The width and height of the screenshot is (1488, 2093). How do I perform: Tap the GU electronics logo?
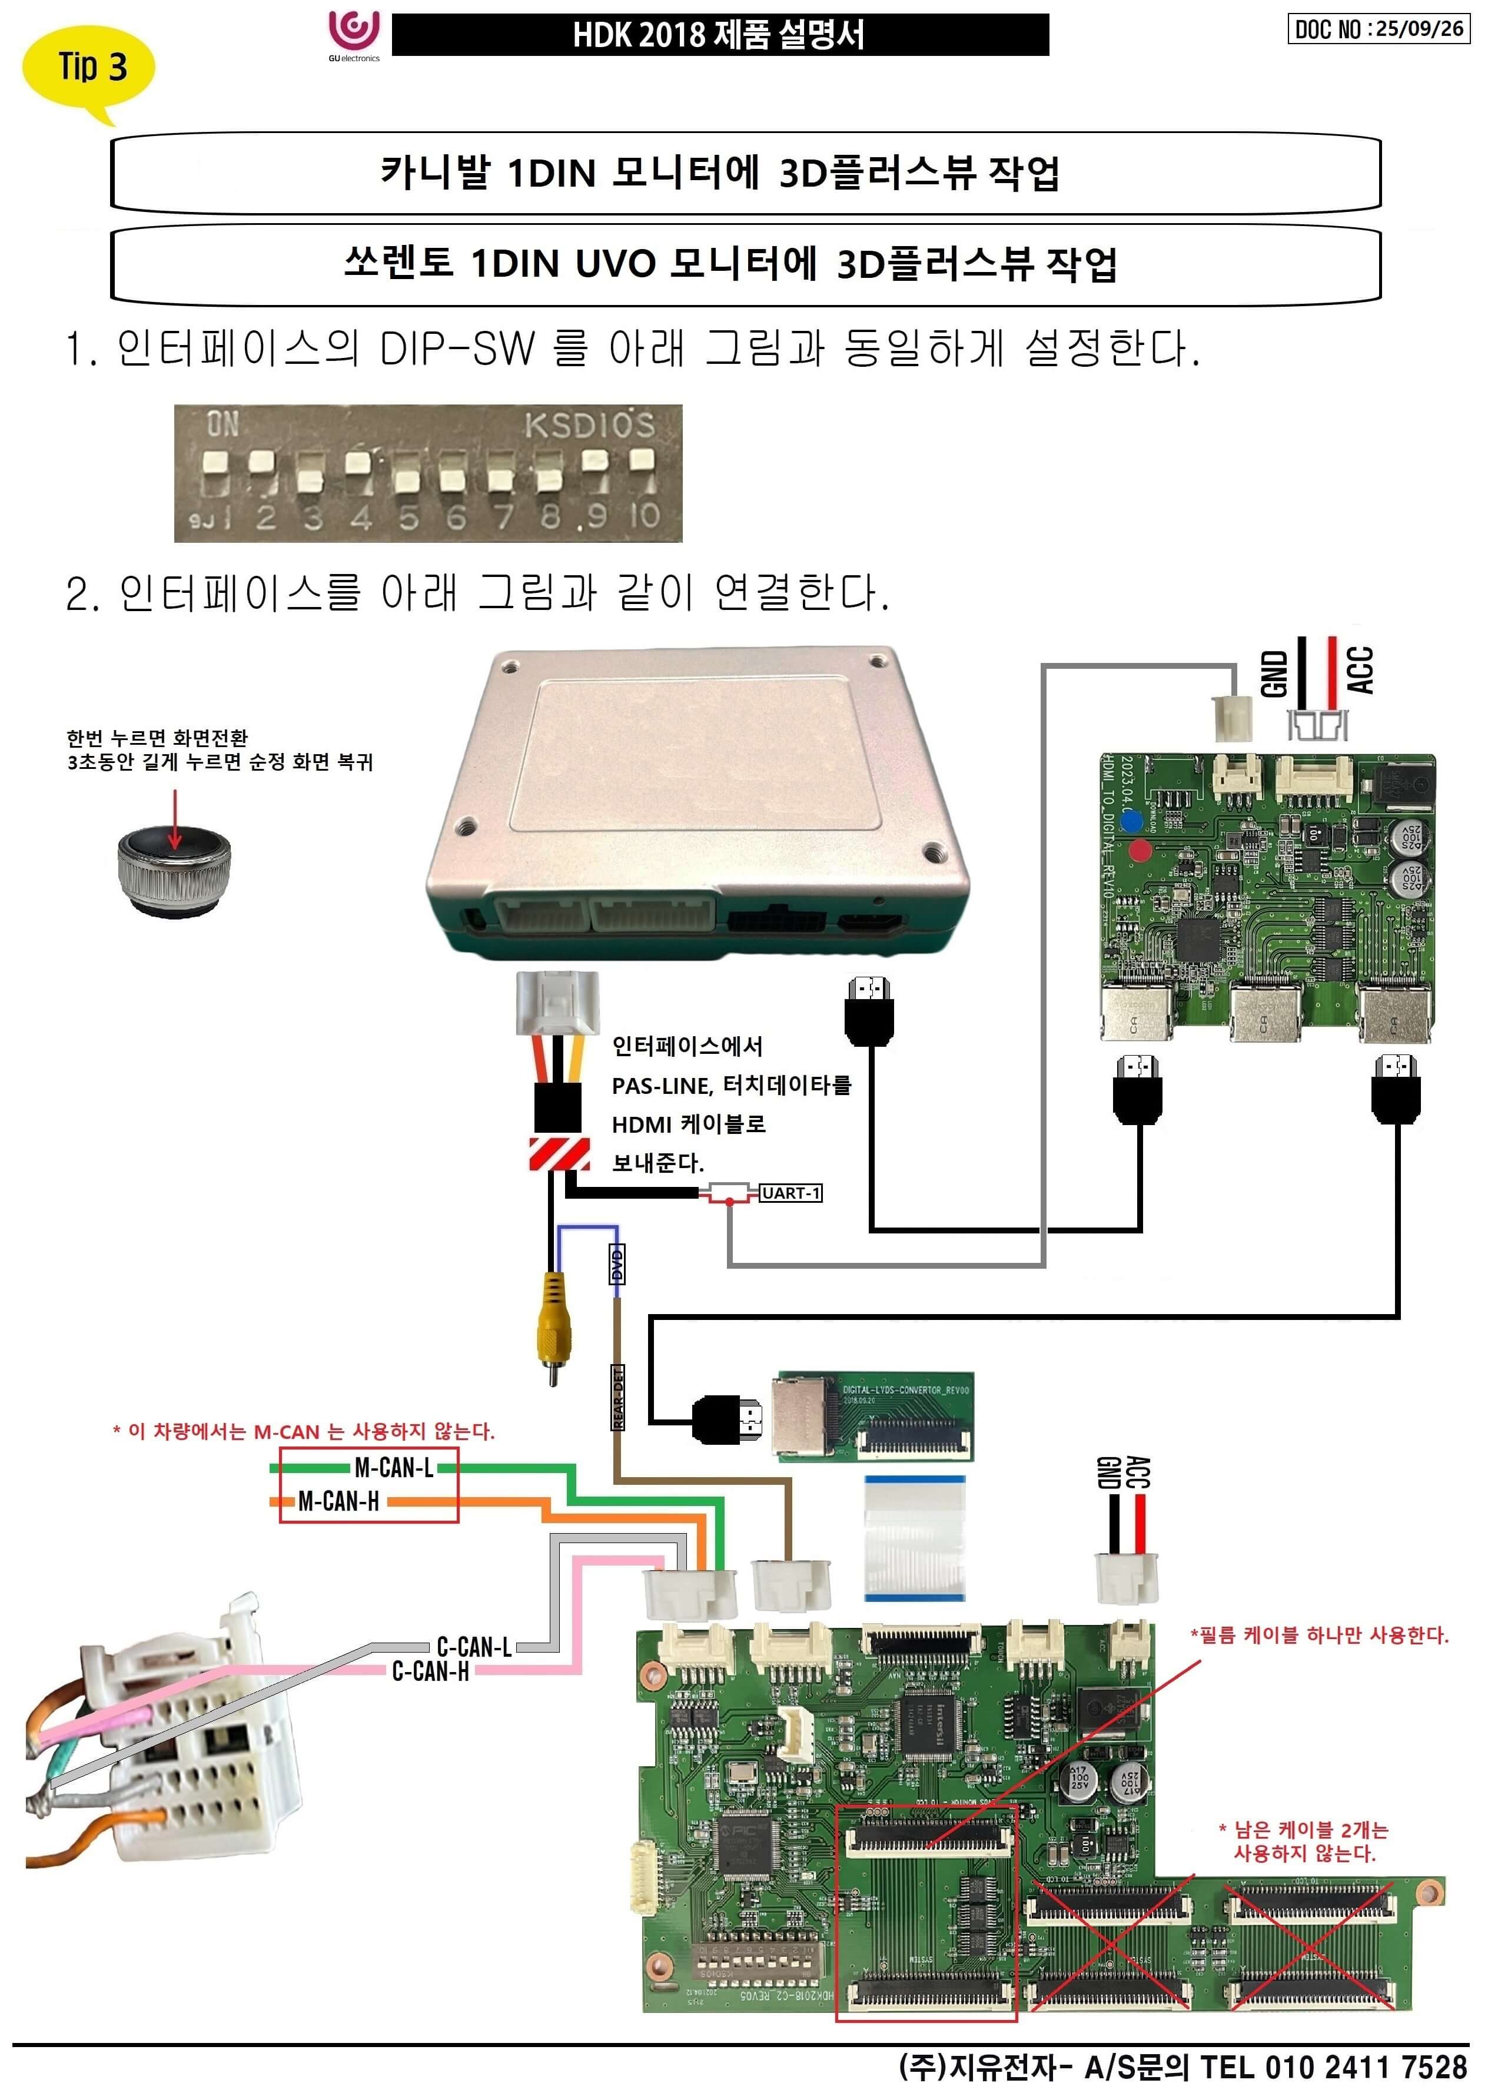tap(354, 34)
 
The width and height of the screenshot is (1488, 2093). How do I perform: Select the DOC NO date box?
tap(1377, 29)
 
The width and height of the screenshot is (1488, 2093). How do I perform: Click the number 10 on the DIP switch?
tap(644, 515)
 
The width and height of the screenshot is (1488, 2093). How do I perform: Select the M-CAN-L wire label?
tap(394, 1468)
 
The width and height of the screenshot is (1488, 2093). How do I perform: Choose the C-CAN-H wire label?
tap(431, 1671)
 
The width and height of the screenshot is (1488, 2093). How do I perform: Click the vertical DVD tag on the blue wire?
tap(617, 1265)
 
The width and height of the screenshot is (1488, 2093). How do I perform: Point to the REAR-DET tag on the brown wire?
tap(617, 1398)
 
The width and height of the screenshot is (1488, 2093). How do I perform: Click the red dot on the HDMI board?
tap(1140, 850)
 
